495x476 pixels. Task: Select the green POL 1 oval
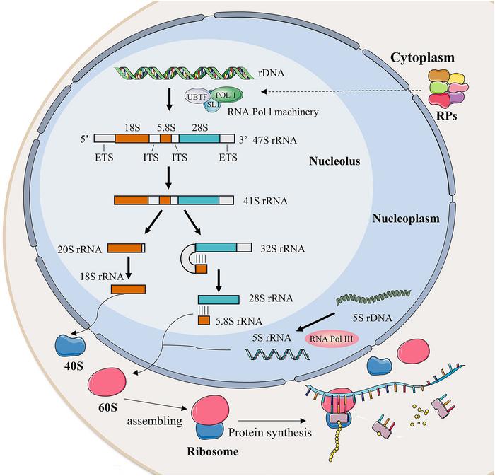(x=226, y=95)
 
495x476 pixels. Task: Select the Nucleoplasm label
(x=406, y=219)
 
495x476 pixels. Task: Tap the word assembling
(x=151, y=421)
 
